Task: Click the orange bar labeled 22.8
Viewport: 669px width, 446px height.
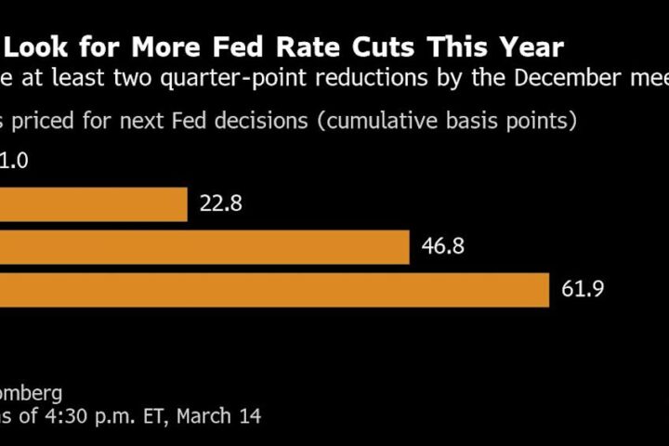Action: pos(93,203)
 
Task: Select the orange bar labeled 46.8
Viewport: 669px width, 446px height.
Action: pos(204,246)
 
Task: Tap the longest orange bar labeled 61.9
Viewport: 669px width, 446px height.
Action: pos(274,289)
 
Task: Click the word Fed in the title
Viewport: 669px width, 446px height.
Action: pos(252,47)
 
